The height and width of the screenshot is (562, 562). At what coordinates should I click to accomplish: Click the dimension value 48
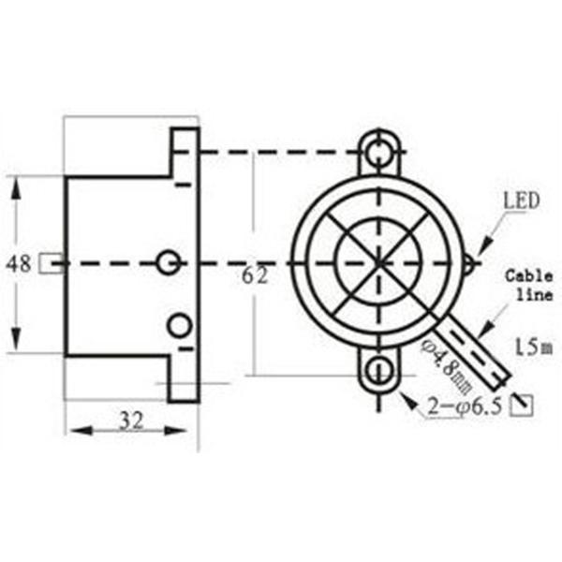point(19,264)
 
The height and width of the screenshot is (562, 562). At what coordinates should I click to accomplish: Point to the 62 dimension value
point(255,275)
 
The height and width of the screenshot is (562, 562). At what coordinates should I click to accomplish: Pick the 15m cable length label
point(530,348)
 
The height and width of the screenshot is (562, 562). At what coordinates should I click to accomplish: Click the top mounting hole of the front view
point(378,151)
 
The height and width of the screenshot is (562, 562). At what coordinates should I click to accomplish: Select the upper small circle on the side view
point(169,263)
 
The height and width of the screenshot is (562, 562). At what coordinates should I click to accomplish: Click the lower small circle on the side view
point(178,325)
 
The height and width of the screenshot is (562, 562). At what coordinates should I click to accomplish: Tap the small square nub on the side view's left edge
point(56,264)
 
